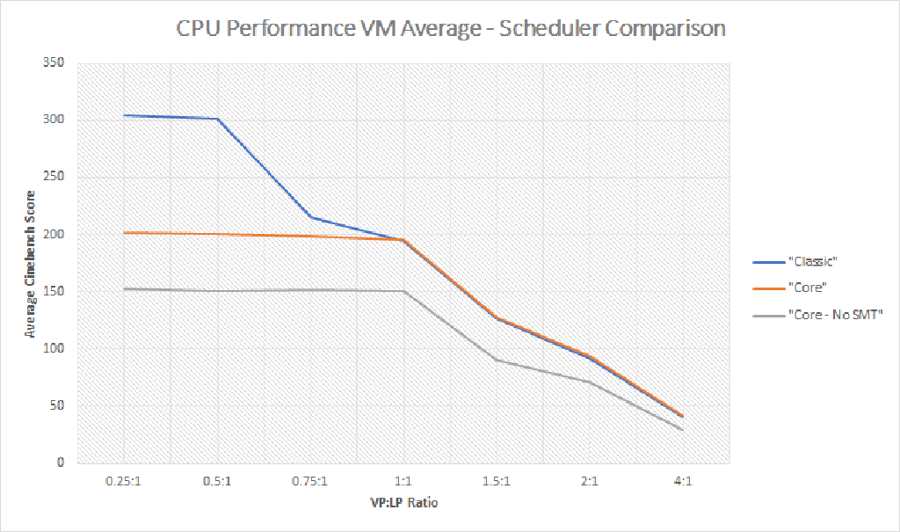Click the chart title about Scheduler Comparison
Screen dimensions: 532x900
pyautogui.click(x=450, y=28)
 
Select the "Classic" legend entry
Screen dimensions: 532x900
pyautogui.click(x=812, y=261)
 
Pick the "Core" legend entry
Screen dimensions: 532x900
pyautogui.click(x=807, y=288)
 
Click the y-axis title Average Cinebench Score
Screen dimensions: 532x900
pyautogui.click(x=31, y=264)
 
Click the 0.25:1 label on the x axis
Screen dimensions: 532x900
pyautogui.click(x=125, y=482)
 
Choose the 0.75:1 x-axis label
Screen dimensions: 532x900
pyautogui.click(x=310, y=482)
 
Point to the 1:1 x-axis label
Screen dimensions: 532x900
pyautogui.click(x=403, y=482)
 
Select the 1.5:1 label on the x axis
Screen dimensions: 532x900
pyautogui.click(x=497, y=482)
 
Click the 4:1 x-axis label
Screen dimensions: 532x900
pyautogui.click(x=682, y=482)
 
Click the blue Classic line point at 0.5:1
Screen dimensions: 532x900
pyautogui.click(x=217, y=119)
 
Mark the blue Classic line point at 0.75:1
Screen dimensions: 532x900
pyautogui.click(x=310, y=217)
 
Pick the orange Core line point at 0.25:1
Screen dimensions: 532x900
pyautogui.click(x=125, y=233)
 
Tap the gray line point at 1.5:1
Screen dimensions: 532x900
pyautogui.click(x=497, y=360)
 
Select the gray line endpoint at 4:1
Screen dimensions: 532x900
pyautogui.click(x=682, y=430)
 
